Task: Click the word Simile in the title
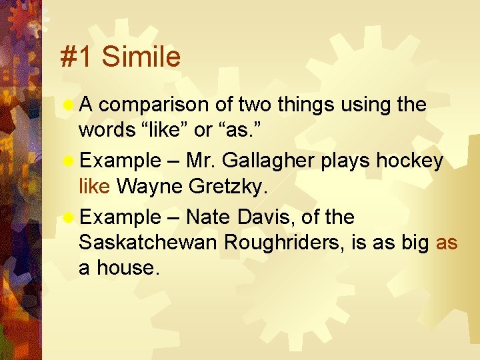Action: pyautogui.click(x=141, y=57)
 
